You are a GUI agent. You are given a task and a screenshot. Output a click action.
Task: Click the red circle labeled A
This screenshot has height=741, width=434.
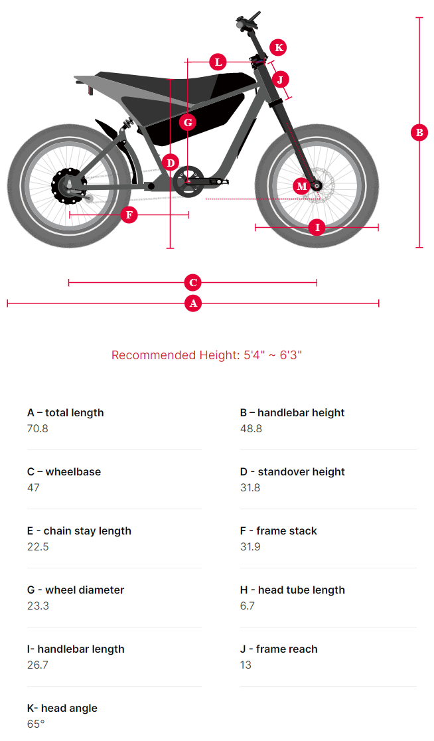[193, 303]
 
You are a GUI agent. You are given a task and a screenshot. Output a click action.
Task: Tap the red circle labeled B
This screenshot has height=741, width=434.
[419, 132]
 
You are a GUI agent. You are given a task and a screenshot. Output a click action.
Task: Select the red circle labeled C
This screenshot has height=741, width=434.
[193, 283]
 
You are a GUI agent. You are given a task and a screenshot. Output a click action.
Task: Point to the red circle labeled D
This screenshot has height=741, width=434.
[171, 162]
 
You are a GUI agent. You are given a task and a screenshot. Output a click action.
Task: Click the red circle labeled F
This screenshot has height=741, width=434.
[129, 214]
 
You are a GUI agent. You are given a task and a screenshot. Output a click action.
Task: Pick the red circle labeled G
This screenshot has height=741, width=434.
[188, 122]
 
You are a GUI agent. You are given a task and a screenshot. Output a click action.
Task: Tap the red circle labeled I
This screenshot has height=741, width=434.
[317, 227]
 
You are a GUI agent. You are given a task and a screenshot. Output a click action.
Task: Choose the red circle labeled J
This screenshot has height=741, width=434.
[281, 80]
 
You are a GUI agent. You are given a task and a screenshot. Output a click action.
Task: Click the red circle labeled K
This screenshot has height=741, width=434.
[279, 47]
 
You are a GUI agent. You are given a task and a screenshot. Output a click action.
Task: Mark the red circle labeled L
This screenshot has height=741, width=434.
[218, 62]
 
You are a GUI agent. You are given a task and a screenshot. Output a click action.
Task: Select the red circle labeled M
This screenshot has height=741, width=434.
[302, 186]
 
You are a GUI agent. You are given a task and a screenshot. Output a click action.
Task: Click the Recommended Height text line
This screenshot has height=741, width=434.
[206, 355]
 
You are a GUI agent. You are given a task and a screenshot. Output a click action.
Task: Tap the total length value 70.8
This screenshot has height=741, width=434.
[38, 429]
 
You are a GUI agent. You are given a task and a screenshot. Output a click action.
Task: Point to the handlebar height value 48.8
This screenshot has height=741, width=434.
[251, 429]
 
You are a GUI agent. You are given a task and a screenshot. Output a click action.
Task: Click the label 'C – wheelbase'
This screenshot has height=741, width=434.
[64, 472]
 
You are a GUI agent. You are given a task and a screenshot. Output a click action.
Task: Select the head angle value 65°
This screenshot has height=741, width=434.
[36, 724]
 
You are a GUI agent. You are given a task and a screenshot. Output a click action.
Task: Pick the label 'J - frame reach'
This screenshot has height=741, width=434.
[279, 649]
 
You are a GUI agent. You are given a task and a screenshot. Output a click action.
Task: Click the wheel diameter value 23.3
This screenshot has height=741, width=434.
[38, 606]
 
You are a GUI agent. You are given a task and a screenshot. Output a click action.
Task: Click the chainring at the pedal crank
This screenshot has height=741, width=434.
[188, 182]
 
